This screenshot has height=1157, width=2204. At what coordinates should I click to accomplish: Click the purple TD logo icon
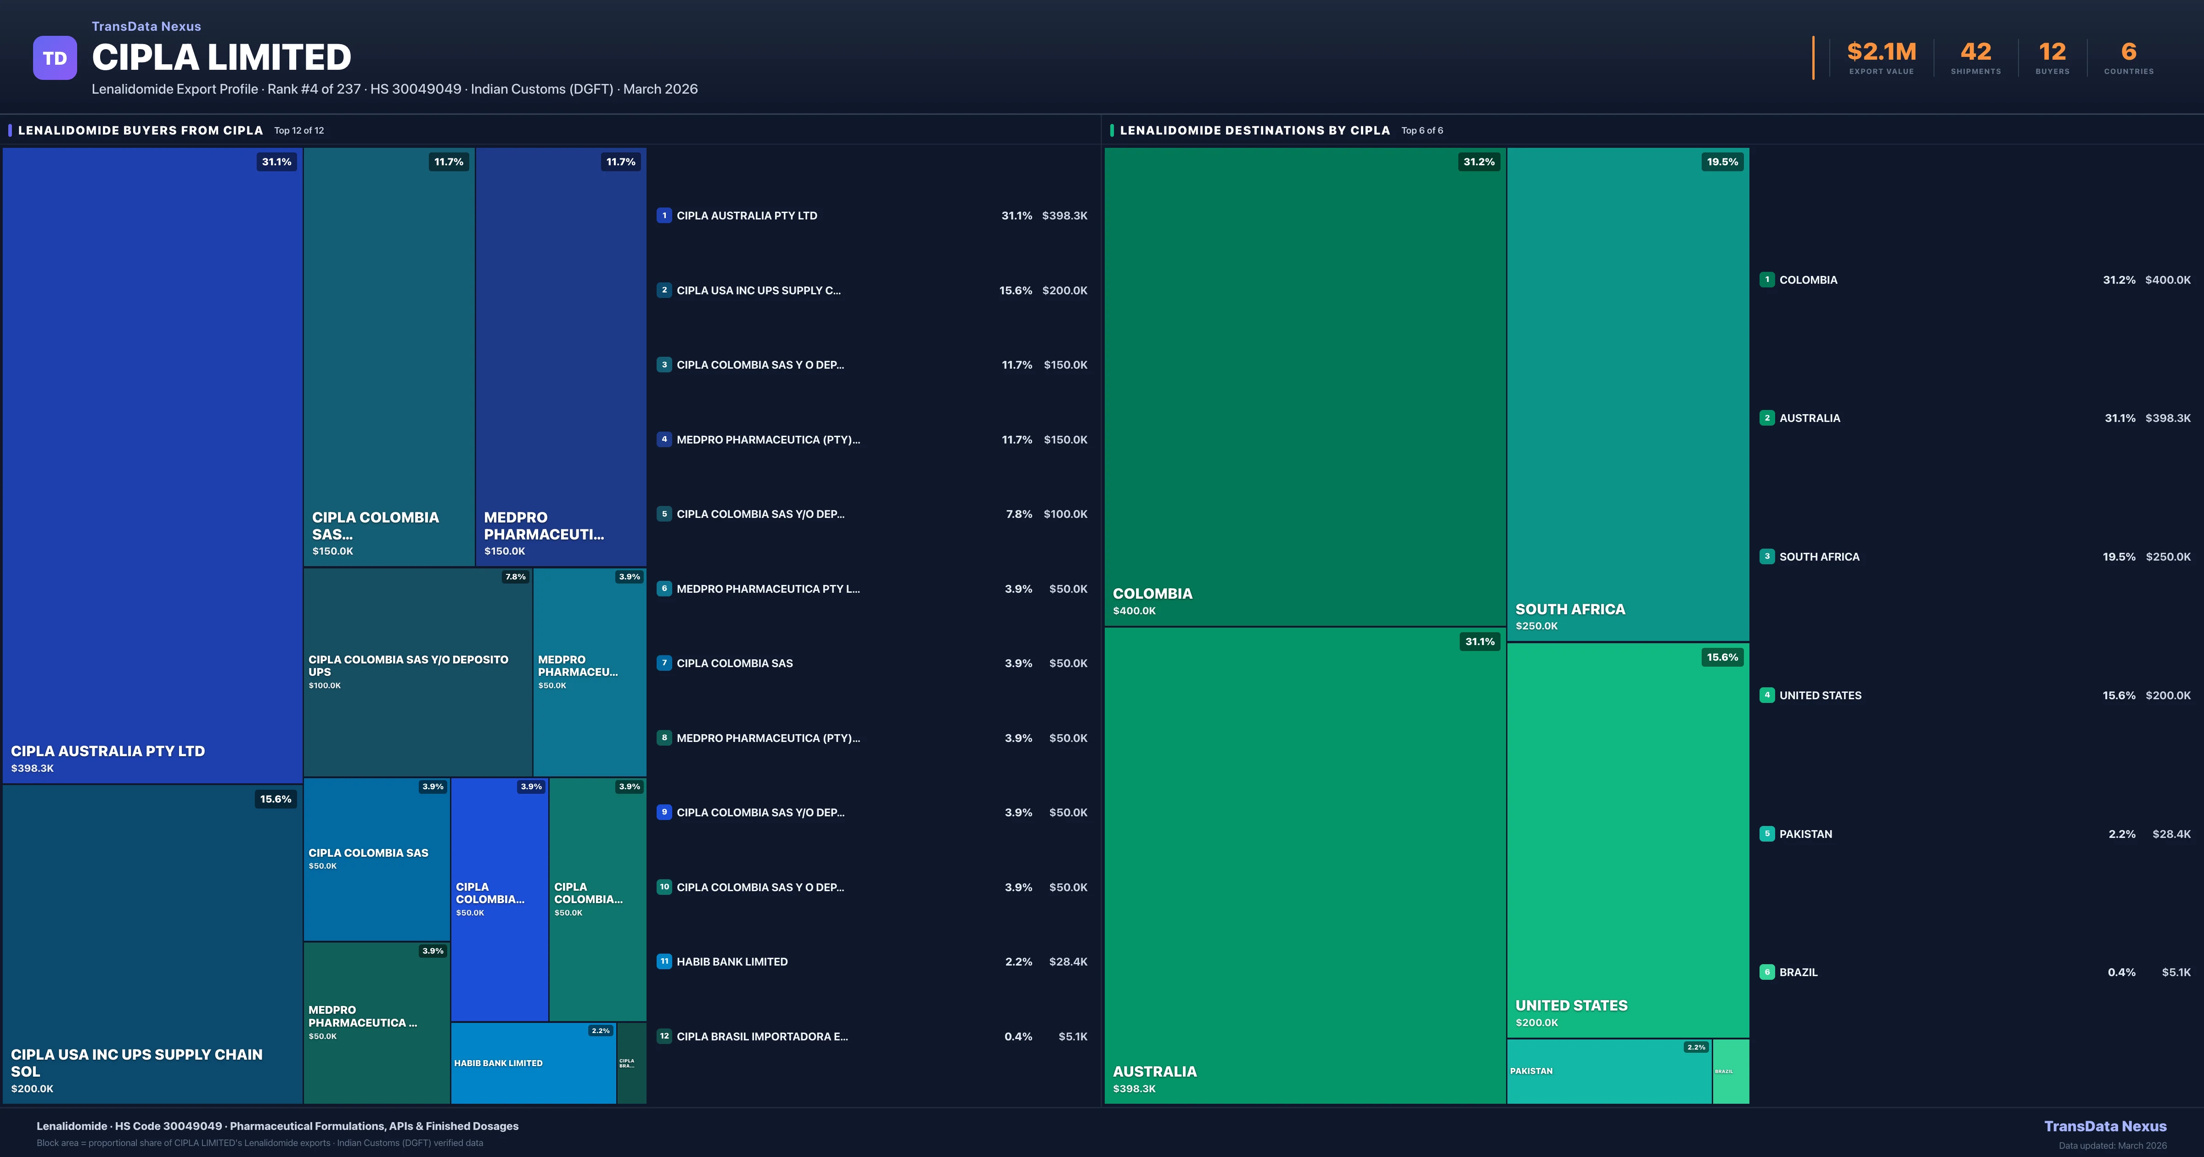point(55,58)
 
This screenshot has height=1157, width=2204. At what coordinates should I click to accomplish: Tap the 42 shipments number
point(1975,52)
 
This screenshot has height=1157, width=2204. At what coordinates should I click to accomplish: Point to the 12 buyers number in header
point(2052,52)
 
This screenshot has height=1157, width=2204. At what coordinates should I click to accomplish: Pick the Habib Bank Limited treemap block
point(532,1063)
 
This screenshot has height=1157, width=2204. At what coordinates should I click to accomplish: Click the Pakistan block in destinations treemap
point(1608,1072)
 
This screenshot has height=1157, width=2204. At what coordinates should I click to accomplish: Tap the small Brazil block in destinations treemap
point(1730,1072)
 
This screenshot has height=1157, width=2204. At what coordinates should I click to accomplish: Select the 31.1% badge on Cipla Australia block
point(276,162)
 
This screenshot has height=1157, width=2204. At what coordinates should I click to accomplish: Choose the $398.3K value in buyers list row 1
point(1064,216)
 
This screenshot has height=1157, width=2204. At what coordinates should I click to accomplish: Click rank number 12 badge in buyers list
point(664,1036)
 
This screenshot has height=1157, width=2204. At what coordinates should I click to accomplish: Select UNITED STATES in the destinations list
point(1820,696)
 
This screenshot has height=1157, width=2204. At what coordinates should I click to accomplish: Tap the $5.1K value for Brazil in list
point(2176,972)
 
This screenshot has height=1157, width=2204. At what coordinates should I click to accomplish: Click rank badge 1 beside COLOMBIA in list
point(1767,280)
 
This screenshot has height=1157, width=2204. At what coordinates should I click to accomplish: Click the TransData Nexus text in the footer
point(2105,1126)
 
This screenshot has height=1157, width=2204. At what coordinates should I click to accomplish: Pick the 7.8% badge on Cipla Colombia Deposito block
point(515,577)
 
